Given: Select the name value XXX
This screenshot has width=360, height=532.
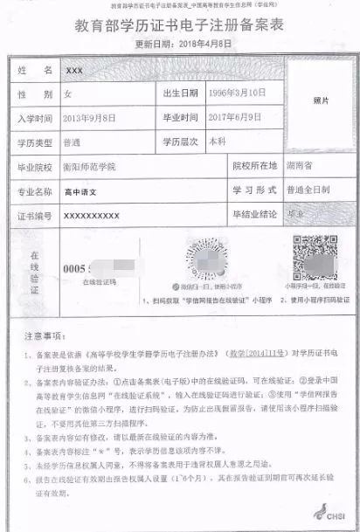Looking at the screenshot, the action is [73, 68].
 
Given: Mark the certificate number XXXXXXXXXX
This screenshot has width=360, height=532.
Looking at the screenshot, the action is [92, 214].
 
